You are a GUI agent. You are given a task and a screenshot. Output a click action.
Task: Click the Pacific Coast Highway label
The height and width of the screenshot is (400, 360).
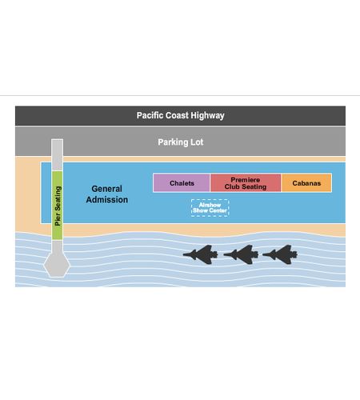(x=180, y=115)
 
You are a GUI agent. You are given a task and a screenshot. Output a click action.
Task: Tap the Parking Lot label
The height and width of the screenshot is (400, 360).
(x=181, y=142)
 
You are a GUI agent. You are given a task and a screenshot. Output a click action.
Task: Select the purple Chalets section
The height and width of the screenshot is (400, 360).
(x=182, y=183)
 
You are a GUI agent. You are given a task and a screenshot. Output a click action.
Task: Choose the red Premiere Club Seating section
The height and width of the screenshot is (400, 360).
(x=246, y=183)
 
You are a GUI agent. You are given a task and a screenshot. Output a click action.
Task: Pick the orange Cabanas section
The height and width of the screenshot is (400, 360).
(x=306, y=183)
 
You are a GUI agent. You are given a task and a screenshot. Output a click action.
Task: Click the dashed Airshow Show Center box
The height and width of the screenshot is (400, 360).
(x=210, y=208)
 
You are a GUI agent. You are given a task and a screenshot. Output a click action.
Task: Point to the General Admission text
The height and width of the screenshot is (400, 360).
(x=107, y=194)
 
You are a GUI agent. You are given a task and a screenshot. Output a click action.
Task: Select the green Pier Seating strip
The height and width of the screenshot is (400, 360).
(x=58, y=206)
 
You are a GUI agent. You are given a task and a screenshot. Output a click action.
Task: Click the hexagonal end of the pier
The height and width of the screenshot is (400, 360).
(x=57, y=265)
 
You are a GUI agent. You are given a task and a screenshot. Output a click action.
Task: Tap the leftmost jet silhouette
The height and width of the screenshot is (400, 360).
(x=202, y=254)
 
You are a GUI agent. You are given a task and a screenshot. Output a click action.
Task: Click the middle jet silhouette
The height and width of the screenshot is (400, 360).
(x=242, y=254)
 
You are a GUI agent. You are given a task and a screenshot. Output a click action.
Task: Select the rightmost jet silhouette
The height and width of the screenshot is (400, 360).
(x=281, y=254)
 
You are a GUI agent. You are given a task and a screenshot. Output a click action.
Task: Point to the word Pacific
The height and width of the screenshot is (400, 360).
(x=150, y=115)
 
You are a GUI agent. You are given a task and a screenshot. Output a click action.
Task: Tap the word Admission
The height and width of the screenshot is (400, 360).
(x=107, y=200)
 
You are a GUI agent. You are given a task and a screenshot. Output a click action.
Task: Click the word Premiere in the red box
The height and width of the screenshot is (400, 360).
(x=246, y=179)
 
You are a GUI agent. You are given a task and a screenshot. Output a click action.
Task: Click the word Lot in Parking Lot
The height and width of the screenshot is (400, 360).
(x=197, y=142)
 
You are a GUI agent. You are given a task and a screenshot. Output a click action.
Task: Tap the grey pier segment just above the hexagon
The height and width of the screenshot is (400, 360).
(x=58, y=246)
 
